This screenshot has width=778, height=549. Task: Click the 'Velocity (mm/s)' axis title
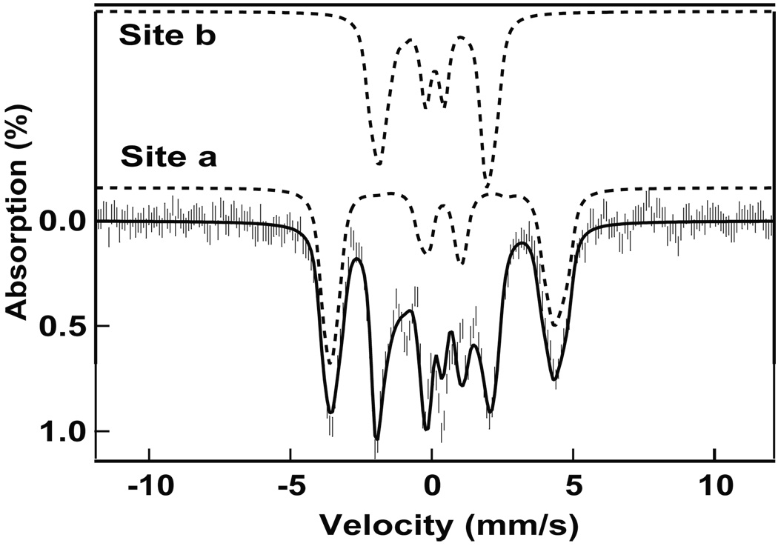tap(448, 526)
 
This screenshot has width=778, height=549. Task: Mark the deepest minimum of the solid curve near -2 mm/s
tap(377, 439)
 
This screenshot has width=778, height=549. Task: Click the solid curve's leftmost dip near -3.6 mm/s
tap(331, 412)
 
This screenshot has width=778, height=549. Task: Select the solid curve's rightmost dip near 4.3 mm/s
tap(553, 379)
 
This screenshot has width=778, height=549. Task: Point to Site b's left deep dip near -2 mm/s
tap(378, 164)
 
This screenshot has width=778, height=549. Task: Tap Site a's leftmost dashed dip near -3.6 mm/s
tap(330, 362)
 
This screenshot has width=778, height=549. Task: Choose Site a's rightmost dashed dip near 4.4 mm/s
tap(555, 325)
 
